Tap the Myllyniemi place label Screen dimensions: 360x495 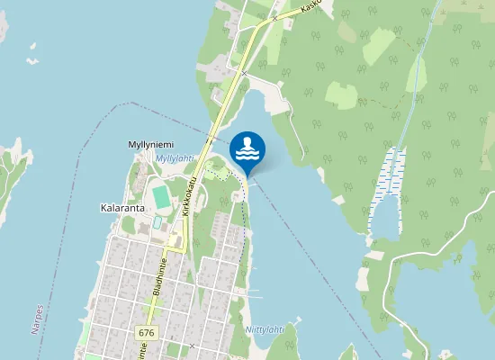[150, 144]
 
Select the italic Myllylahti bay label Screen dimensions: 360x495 [175, 158]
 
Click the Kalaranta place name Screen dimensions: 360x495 [122, 207]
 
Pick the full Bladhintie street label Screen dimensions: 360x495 [161, 277]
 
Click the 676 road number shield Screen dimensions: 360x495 [146, 333]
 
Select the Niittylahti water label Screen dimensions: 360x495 [265, 329]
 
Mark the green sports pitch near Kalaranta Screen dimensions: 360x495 [160, 194]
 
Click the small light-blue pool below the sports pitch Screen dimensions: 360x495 [157, 220]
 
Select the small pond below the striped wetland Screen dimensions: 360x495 [387, 216]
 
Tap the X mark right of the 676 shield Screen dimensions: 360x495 [193, 346]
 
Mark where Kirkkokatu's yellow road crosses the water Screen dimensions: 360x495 [217, 135]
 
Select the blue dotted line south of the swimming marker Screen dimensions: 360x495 [244, 234]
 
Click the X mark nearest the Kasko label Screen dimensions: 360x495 [274, 18]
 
